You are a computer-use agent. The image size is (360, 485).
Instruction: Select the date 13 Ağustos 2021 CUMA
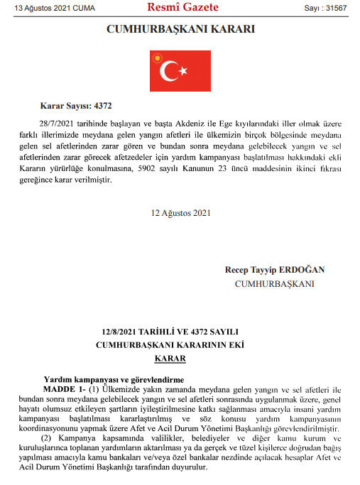point(45,9)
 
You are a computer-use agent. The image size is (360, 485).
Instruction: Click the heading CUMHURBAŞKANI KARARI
point(180,30)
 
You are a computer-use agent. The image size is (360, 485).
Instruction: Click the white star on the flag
point(183,71)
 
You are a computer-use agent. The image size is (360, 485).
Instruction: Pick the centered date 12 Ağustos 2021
point(180,212)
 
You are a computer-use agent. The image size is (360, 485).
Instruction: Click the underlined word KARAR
point(180,359)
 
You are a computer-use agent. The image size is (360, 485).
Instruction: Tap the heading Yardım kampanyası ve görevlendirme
point(114,381)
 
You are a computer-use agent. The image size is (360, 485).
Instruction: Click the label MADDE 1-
point(64,391)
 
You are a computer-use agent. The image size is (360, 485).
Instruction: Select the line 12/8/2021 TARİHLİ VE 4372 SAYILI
point(180,331)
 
